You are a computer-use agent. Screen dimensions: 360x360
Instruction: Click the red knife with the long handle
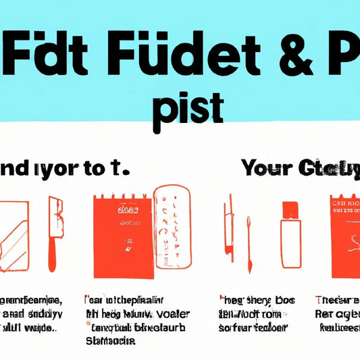pos(53,230)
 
